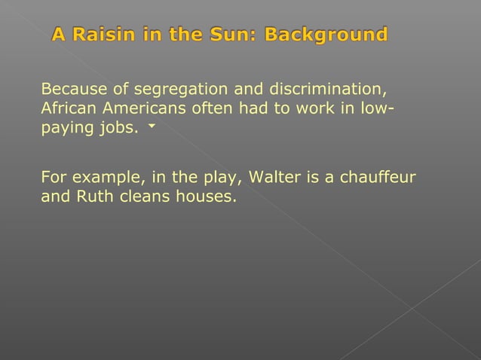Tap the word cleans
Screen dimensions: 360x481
[141, 197]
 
